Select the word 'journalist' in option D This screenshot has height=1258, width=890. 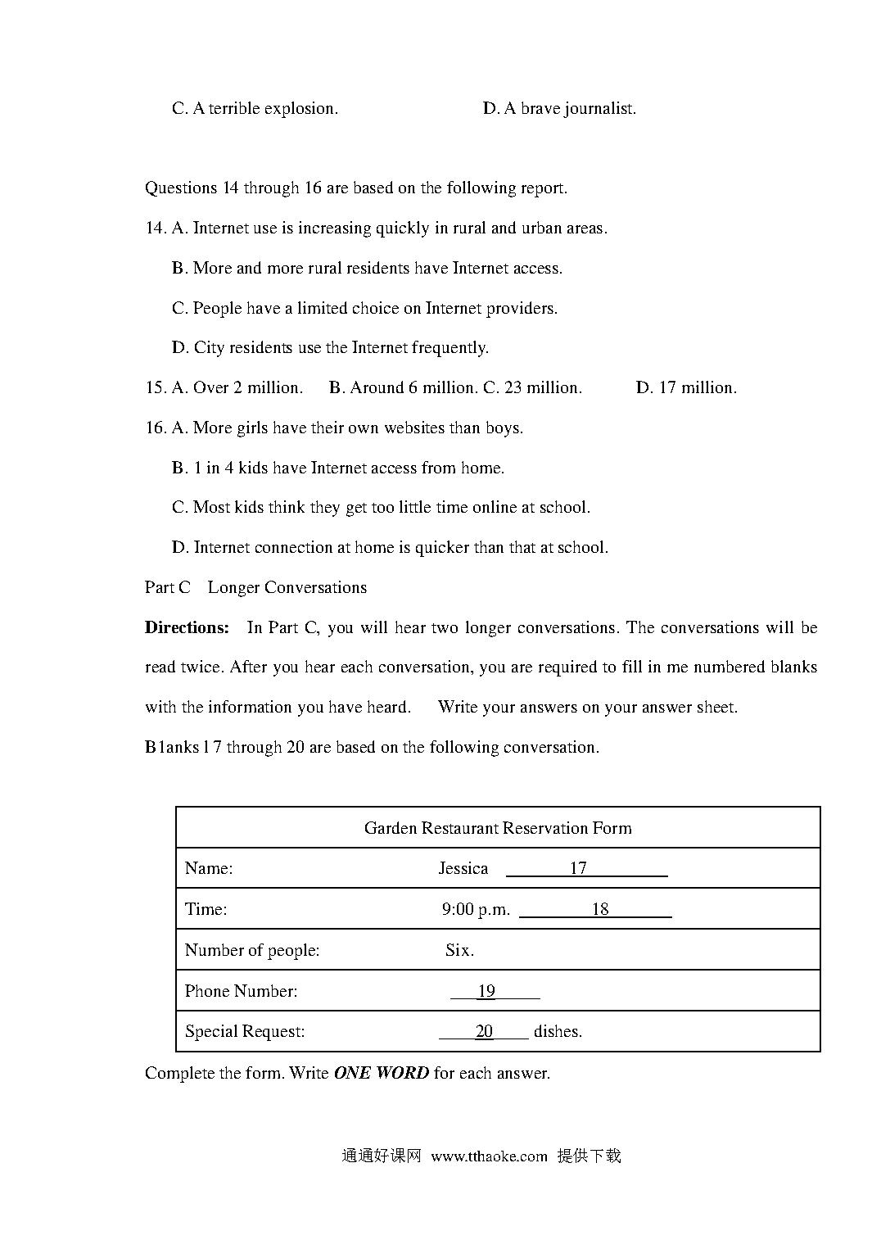point(599,108)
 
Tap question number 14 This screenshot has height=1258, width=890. point(156,228)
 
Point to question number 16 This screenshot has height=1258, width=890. point(156,428)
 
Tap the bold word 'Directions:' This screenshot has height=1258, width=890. point(187,627)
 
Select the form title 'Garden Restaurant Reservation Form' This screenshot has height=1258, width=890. point(498,828)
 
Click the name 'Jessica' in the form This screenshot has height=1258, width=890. point(463,868)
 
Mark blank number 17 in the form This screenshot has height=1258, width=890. point(579,868)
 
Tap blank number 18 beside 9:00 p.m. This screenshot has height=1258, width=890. point(600,909)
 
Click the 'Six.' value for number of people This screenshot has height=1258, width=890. point(459,950)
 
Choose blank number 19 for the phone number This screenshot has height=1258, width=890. point(487,991)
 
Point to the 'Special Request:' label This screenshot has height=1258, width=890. point(245,1031)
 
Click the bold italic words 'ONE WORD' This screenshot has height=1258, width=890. point(381,1073)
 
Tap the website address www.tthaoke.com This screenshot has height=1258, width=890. point(489,1156)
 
